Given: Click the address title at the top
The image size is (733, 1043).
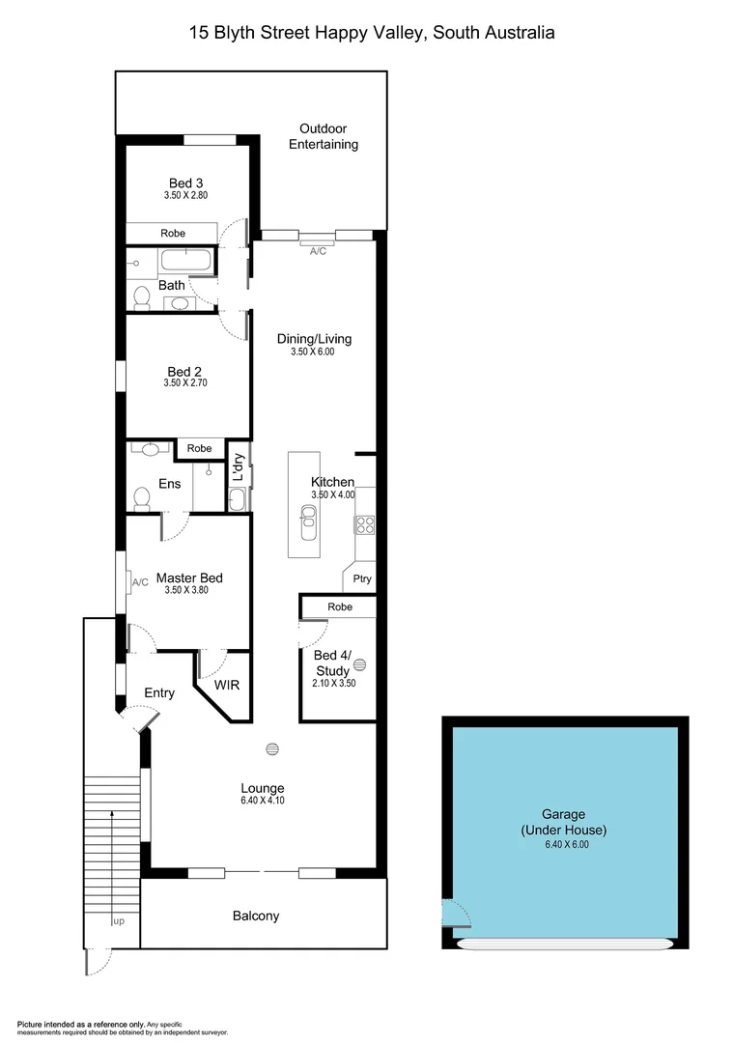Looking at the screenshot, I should coord(372,33).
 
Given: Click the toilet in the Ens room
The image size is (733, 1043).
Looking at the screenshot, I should coord(142,498).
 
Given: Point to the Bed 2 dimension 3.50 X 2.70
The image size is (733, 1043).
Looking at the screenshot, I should coord(186,383).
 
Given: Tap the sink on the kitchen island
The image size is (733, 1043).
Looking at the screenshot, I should coord(308,527).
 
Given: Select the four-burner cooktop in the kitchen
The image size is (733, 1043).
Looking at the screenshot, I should coord(365,524).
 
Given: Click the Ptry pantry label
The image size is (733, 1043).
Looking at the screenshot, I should coord(362,579).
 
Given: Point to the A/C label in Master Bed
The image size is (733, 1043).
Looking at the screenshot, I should coord(139,582).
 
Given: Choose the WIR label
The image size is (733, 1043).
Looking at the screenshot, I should coord(226,686).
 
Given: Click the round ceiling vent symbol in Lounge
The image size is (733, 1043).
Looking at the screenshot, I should coord(272,749).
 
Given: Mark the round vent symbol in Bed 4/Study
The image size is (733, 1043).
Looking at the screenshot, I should coord(360,664).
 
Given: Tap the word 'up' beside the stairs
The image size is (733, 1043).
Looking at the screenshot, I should coord(119,921).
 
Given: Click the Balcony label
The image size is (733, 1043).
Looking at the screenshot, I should coord(256,916).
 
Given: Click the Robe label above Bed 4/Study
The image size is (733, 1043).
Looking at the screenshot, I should coord(339,606).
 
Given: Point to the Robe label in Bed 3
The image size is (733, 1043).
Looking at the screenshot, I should coord(173,234).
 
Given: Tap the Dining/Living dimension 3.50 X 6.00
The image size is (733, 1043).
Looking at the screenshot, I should coord(313,352).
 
